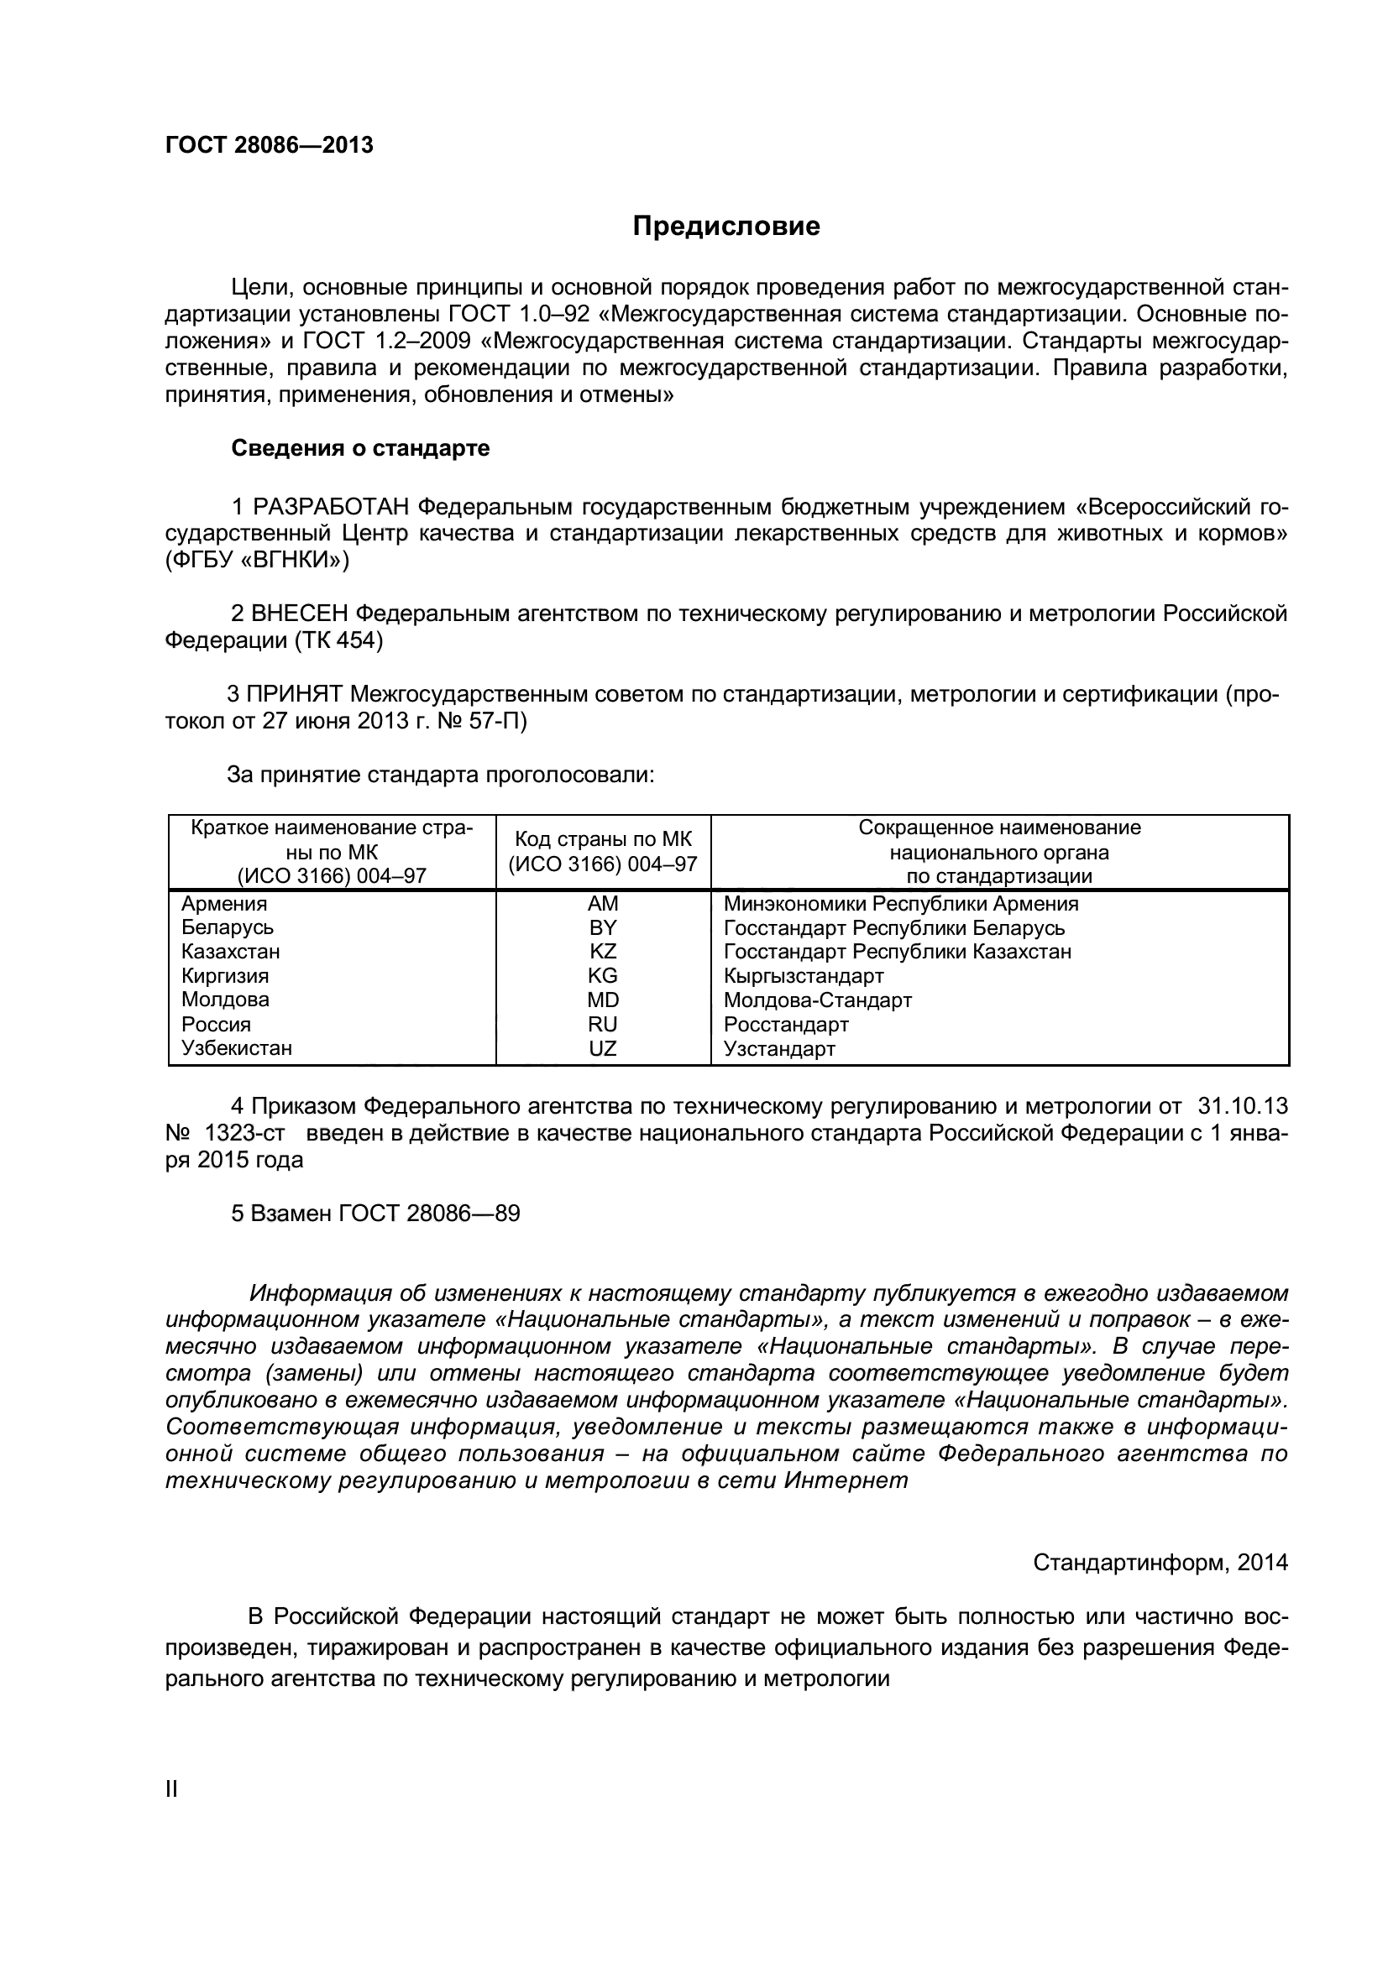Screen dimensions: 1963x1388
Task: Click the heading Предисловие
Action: point(726,227)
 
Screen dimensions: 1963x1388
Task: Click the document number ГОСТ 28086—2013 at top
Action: point(270,145)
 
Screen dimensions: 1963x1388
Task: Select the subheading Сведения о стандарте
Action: point(360,448)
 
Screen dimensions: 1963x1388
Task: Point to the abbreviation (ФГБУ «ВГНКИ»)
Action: point(258,561)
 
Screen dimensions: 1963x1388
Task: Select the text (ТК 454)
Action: point(337,640)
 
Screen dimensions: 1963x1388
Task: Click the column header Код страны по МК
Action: point(603,839)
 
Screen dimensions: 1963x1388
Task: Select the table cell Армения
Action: point(224,904)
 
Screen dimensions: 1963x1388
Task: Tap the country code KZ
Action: point(603,952)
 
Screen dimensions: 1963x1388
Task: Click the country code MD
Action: point(603,1000)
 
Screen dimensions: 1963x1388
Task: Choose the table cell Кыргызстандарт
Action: point(803,975)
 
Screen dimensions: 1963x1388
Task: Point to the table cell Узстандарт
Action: point(779,1048)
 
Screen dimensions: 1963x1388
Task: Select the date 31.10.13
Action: point(1242,1106)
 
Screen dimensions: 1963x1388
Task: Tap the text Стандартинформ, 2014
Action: point(1160,1562)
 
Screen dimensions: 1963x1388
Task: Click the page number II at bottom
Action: point(171,1789)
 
